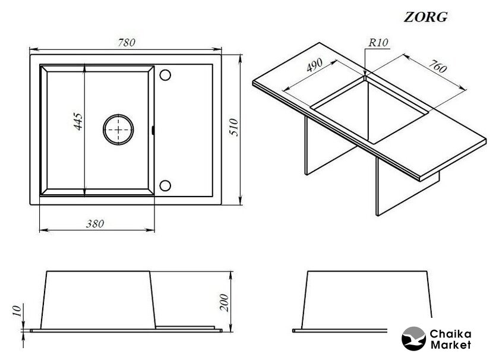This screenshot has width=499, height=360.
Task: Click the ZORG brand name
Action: click(x=425, y=17)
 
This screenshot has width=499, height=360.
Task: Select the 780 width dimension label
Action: click(x=127, y=42)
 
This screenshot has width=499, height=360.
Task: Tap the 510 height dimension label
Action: click(x=234, y=127)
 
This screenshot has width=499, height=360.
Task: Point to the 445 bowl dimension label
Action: click(x=78, y=121)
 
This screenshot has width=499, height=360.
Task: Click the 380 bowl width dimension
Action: click(x=95, y=224)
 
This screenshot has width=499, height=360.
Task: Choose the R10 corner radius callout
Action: click(x=378, y=43)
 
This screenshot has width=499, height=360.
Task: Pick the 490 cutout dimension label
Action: click(x=314, y=65)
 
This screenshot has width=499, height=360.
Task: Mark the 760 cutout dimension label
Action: click(x=437, y=66)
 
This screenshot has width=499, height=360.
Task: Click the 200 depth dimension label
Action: click(x=224, y=303)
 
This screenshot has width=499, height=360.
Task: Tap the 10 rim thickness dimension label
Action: click(x=17, y=310)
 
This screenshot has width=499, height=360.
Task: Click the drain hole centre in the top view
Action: click(x=118, y=130)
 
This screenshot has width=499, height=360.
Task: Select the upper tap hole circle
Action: click(x=165, y=75)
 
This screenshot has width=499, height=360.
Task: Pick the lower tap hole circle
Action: click(x=165, y=185)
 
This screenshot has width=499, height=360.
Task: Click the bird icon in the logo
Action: click(x=413, y=339)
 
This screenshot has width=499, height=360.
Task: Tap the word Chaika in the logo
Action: click(x=450, y=334)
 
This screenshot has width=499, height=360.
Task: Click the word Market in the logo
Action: click(x=450, y=345)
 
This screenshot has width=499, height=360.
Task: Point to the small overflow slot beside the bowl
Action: click(x=153, y=130)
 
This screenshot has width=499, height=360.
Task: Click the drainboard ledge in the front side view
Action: click(x=185, y=327)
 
